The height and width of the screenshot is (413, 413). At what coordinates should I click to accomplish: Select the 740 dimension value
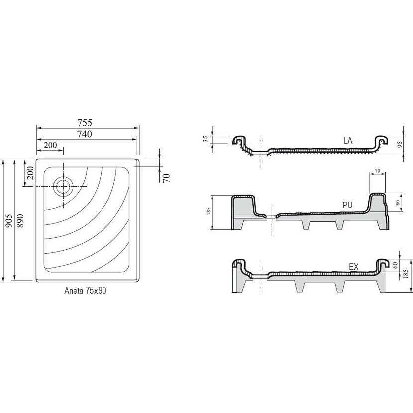coord(87,134)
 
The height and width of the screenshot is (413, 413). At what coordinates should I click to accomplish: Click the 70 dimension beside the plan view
coord(167,176)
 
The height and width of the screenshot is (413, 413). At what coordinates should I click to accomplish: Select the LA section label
coord(347,141)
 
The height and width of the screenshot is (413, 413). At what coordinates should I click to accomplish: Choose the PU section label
coord(348,204)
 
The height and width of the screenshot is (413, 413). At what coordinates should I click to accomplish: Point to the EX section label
coord(354,267)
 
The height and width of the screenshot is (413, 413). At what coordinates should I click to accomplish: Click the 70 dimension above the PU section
coord(377,171)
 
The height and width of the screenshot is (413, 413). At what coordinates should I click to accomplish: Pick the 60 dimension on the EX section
coord(396,265)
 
